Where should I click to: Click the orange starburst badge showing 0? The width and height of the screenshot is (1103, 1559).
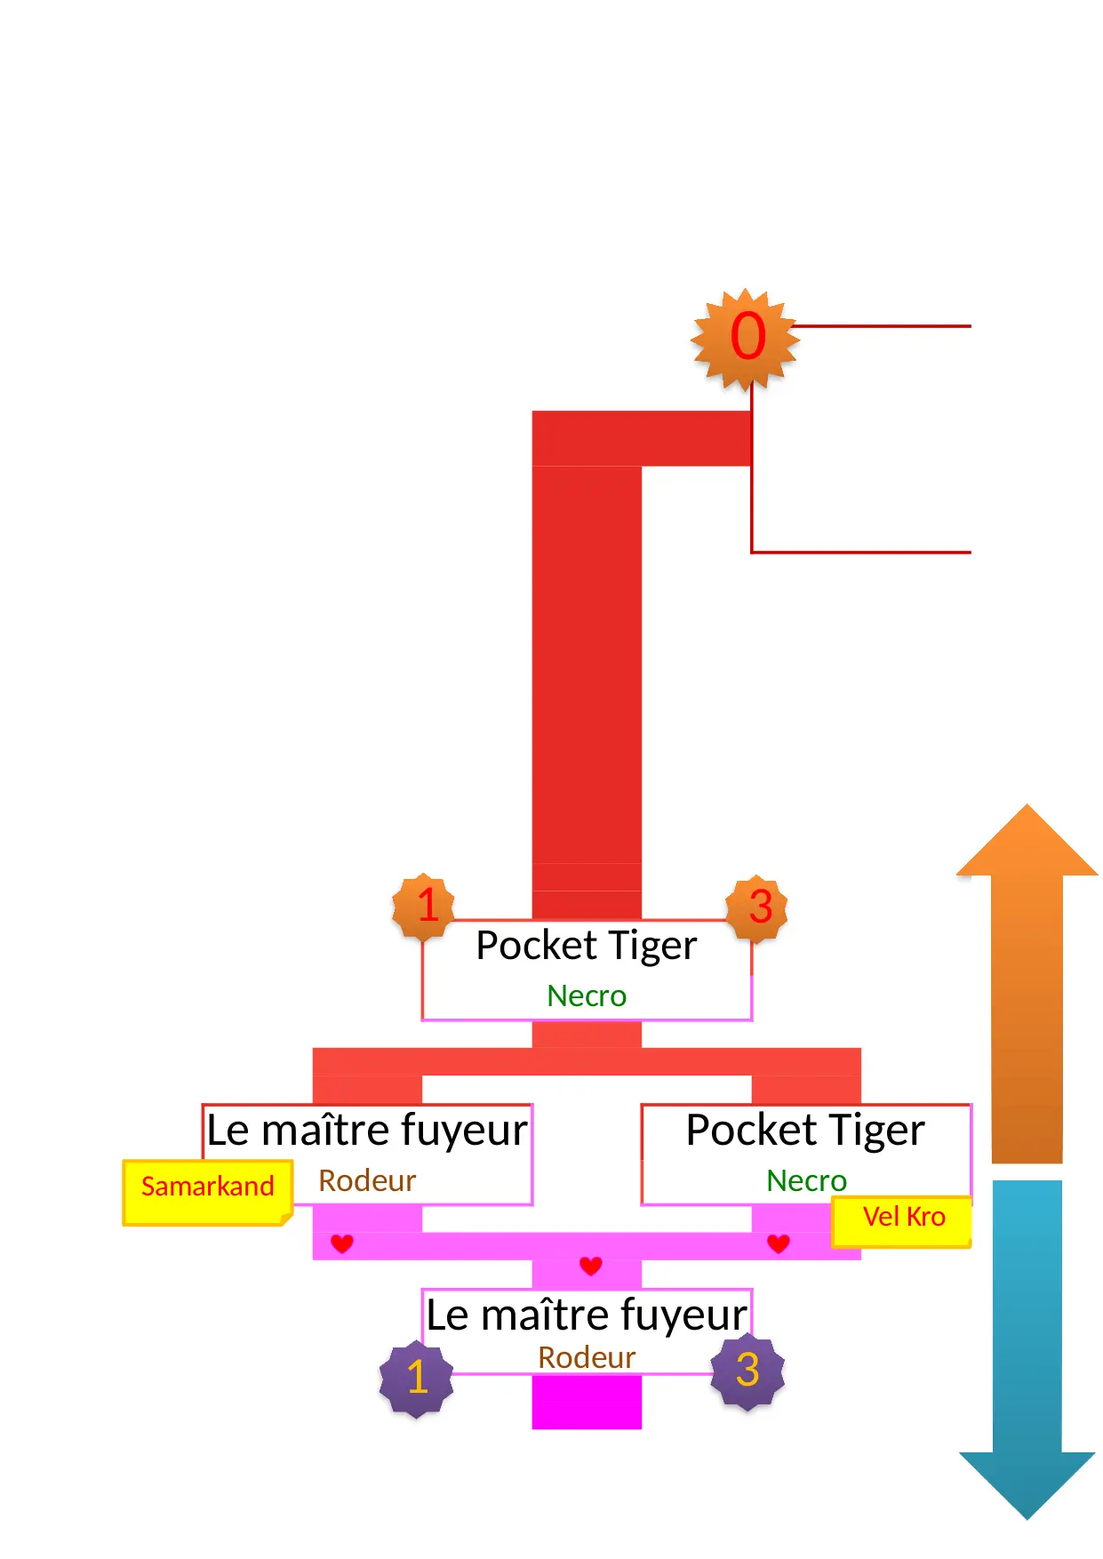pos(746,339)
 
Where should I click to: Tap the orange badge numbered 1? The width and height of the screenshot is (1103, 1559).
pos(424,906)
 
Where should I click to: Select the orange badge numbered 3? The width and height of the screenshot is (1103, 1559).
pos(757,907)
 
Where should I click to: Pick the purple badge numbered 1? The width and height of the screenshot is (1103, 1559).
pos(416,1377)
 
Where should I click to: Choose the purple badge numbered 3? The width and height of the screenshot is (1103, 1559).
pos(748,1370)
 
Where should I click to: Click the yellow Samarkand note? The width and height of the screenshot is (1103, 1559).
pos(208,1191)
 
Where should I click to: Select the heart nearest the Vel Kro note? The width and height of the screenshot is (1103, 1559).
pos(779,1243)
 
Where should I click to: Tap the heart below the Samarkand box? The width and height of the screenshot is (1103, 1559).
pos(342,1243)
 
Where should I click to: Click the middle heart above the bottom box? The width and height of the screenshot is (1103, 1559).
pos(591,1265)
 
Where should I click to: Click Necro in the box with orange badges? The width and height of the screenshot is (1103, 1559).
pos(587,996)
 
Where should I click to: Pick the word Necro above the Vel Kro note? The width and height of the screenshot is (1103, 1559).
pos(806,1180)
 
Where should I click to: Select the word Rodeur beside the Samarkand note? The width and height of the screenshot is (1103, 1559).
pos(367,1180)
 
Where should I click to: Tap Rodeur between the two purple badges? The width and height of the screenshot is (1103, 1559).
pos(587,1357)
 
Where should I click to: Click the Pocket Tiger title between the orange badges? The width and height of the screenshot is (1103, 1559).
pos(587,946)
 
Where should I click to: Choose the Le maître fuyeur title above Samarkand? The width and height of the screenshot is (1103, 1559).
pos(367,1131)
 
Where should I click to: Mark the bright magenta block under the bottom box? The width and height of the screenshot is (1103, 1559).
pos(587,1402)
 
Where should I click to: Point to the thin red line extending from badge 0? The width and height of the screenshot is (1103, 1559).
pos(880,326)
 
